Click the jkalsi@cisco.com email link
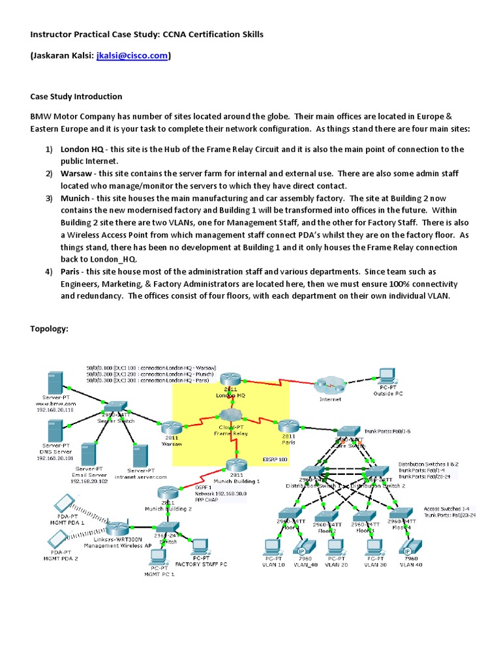pyautogui.click(x=132, y=57)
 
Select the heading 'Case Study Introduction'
pyautogui.click(x=76, y=97)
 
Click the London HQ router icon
pyautogui.click(x=230, y=380)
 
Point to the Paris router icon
pyautogui.click(x=288, y=425)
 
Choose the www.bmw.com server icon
pyautogui.click(x=55, y=382)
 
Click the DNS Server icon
pyautogui.click(x=55, y=431)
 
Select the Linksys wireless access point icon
pyautogui.click(x=118, y=528)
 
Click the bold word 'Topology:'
pyautogui.click(x=50, y=328)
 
